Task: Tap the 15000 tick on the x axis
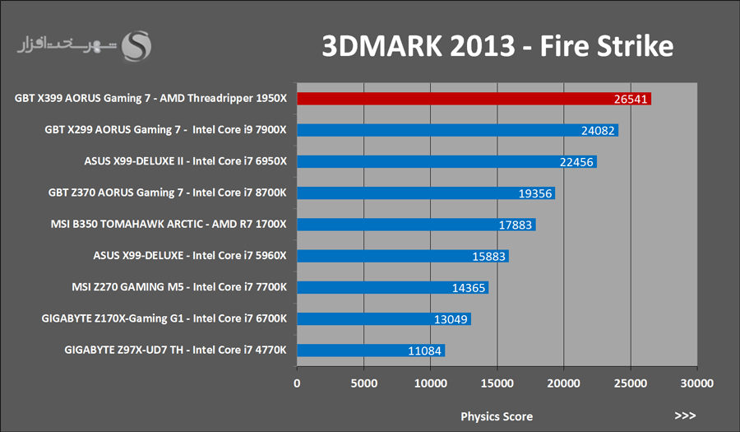(x=497, y=383)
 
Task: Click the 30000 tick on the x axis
(x=696, y=383)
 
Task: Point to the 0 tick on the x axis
(x=298, y=383)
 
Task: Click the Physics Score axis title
(x=496, y=416)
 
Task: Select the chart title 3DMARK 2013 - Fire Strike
(x=497, y=46)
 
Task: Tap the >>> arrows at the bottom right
(x=685, y=416)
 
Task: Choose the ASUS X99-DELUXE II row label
(x=185, y=161)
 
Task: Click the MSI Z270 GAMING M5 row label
(x=179, y=287)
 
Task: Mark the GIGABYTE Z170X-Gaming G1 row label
(x=174, y=318)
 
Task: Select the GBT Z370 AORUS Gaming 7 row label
(x=168, y=193)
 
